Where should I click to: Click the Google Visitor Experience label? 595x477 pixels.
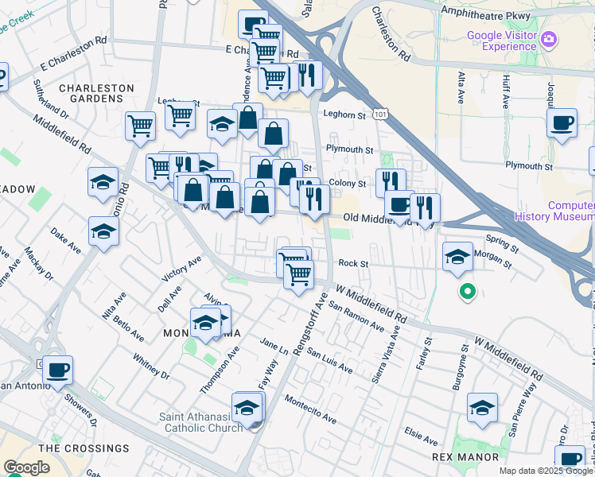(x=501, y=40)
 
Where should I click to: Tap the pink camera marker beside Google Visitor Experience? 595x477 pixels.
(x=548, y=39)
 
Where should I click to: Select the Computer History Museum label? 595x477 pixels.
(x=554, y=210)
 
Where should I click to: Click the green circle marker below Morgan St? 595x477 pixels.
(x=468, y=293)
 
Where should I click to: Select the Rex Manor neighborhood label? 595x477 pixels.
(x=465, y=457)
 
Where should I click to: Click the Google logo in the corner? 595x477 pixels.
(x=26, y=467)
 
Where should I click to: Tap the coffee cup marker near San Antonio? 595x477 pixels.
(x=57, y=370)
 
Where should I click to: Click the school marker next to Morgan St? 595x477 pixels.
(x=457, y=257)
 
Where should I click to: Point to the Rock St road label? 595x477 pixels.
(x=353, y=263)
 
